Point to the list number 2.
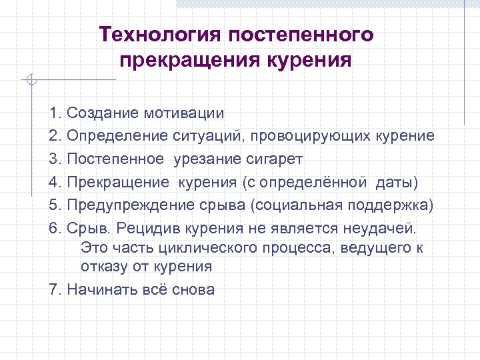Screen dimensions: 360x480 [54, 136]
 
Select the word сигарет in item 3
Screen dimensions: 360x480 [278, 159]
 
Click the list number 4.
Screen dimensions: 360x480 [54, 181]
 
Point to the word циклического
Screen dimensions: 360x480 [209, 248]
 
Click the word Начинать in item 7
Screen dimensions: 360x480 [101, 289]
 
